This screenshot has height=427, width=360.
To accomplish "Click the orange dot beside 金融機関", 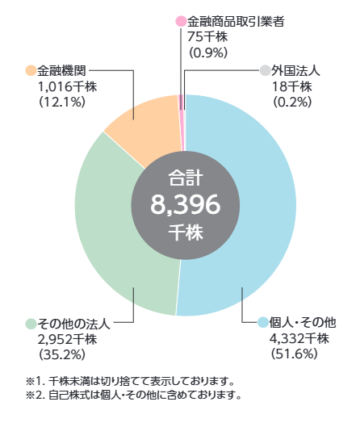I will coord(31,70).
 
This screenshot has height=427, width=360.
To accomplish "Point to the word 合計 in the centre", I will coord(186,178).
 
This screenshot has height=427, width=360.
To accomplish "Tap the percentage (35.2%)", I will coord(61,354).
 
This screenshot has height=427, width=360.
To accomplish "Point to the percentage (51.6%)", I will coord(294,354).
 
